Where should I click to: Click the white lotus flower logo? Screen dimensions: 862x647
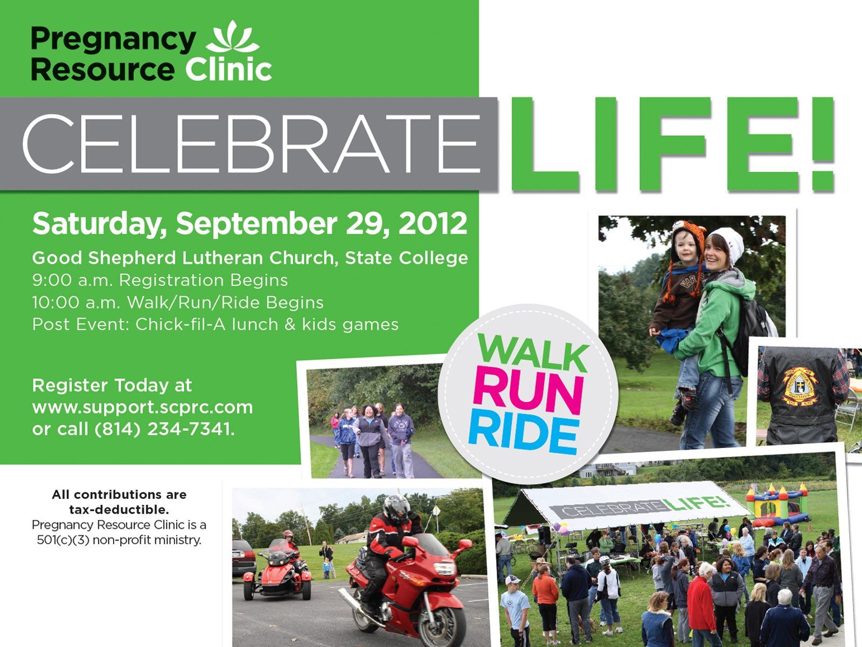coord(233,37)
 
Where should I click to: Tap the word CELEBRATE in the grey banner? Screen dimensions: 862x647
coord(252,144)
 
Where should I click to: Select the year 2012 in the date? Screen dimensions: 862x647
coord(433,224)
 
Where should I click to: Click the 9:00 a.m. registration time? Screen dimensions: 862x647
coord(73,280)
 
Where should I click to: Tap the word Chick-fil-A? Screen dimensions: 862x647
coord(180,325)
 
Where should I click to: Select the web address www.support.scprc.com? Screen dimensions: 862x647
coord(143,408)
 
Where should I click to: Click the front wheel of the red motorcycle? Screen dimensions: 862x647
coord(443,623)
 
